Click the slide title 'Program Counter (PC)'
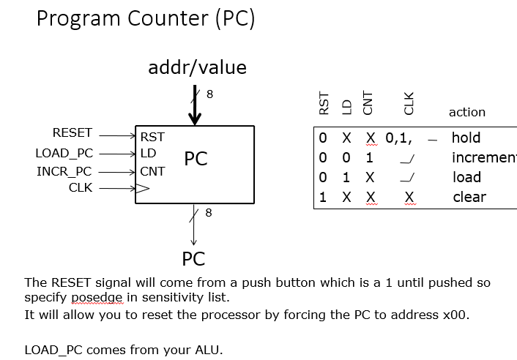[145, 18]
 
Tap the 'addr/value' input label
[197, 68]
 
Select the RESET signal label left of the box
[72, 133]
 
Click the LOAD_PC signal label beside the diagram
[64, 154]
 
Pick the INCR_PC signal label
[64, 172]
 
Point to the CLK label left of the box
[81, 188]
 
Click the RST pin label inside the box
[152, 137]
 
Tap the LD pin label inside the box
[148, 154]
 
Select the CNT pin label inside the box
[152, 172]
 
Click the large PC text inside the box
[196, 160]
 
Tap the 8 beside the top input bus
[209, 94]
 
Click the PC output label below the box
[193, 259]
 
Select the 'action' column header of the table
[466, 112]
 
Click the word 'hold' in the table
[466, 138]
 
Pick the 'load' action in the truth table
[466, 177]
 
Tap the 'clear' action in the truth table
[469, 197]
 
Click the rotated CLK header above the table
[409, 103]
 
